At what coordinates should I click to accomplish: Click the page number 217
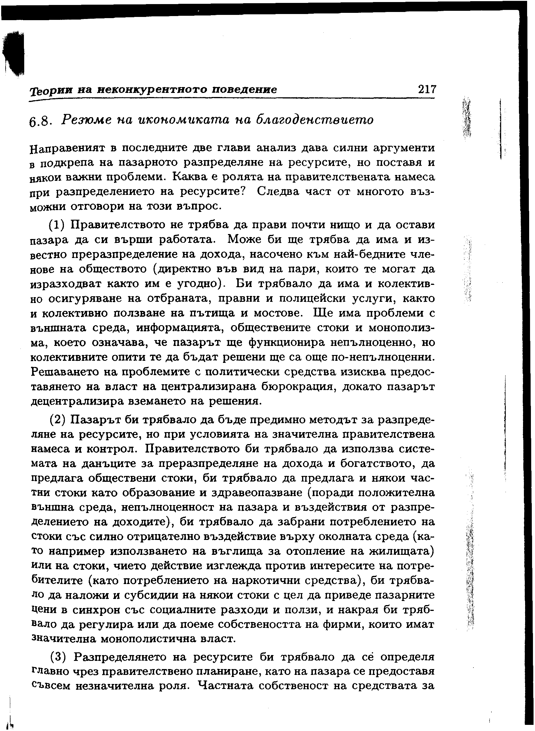[427, 89]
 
